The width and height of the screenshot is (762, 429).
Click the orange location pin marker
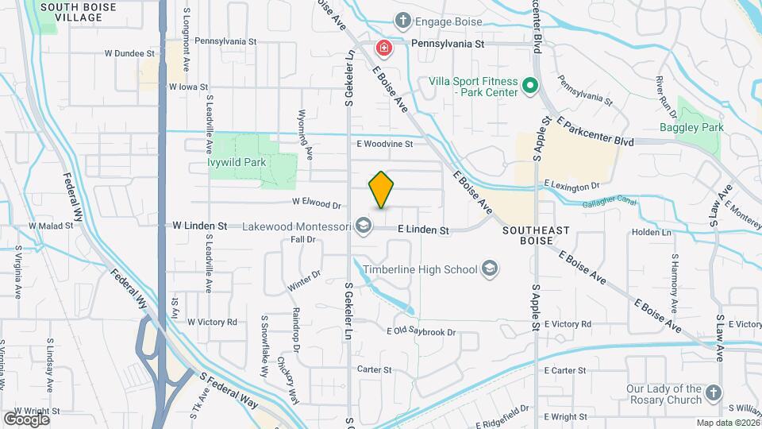click(382, 189)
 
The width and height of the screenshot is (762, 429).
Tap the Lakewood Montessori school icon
click(364, 226)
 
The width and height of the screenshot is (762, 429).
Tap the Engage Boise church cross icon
click(403, 20)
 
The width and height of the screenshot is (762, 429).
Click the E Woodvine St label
click(385, 145)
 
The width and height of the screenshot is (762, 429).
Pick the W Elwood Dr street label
click(316, 203)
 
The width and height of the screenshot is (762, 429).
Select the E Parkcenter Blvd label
click(595, 132)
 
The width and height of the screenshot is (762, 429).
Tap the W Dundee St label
click(129, 54)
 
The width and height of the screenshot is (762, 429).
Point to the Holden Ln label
click(651, 233)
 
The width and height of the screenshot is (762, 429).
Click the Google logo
click(26, 419)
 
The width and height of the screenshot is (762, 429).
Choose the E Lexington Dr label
click(571, 185)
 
